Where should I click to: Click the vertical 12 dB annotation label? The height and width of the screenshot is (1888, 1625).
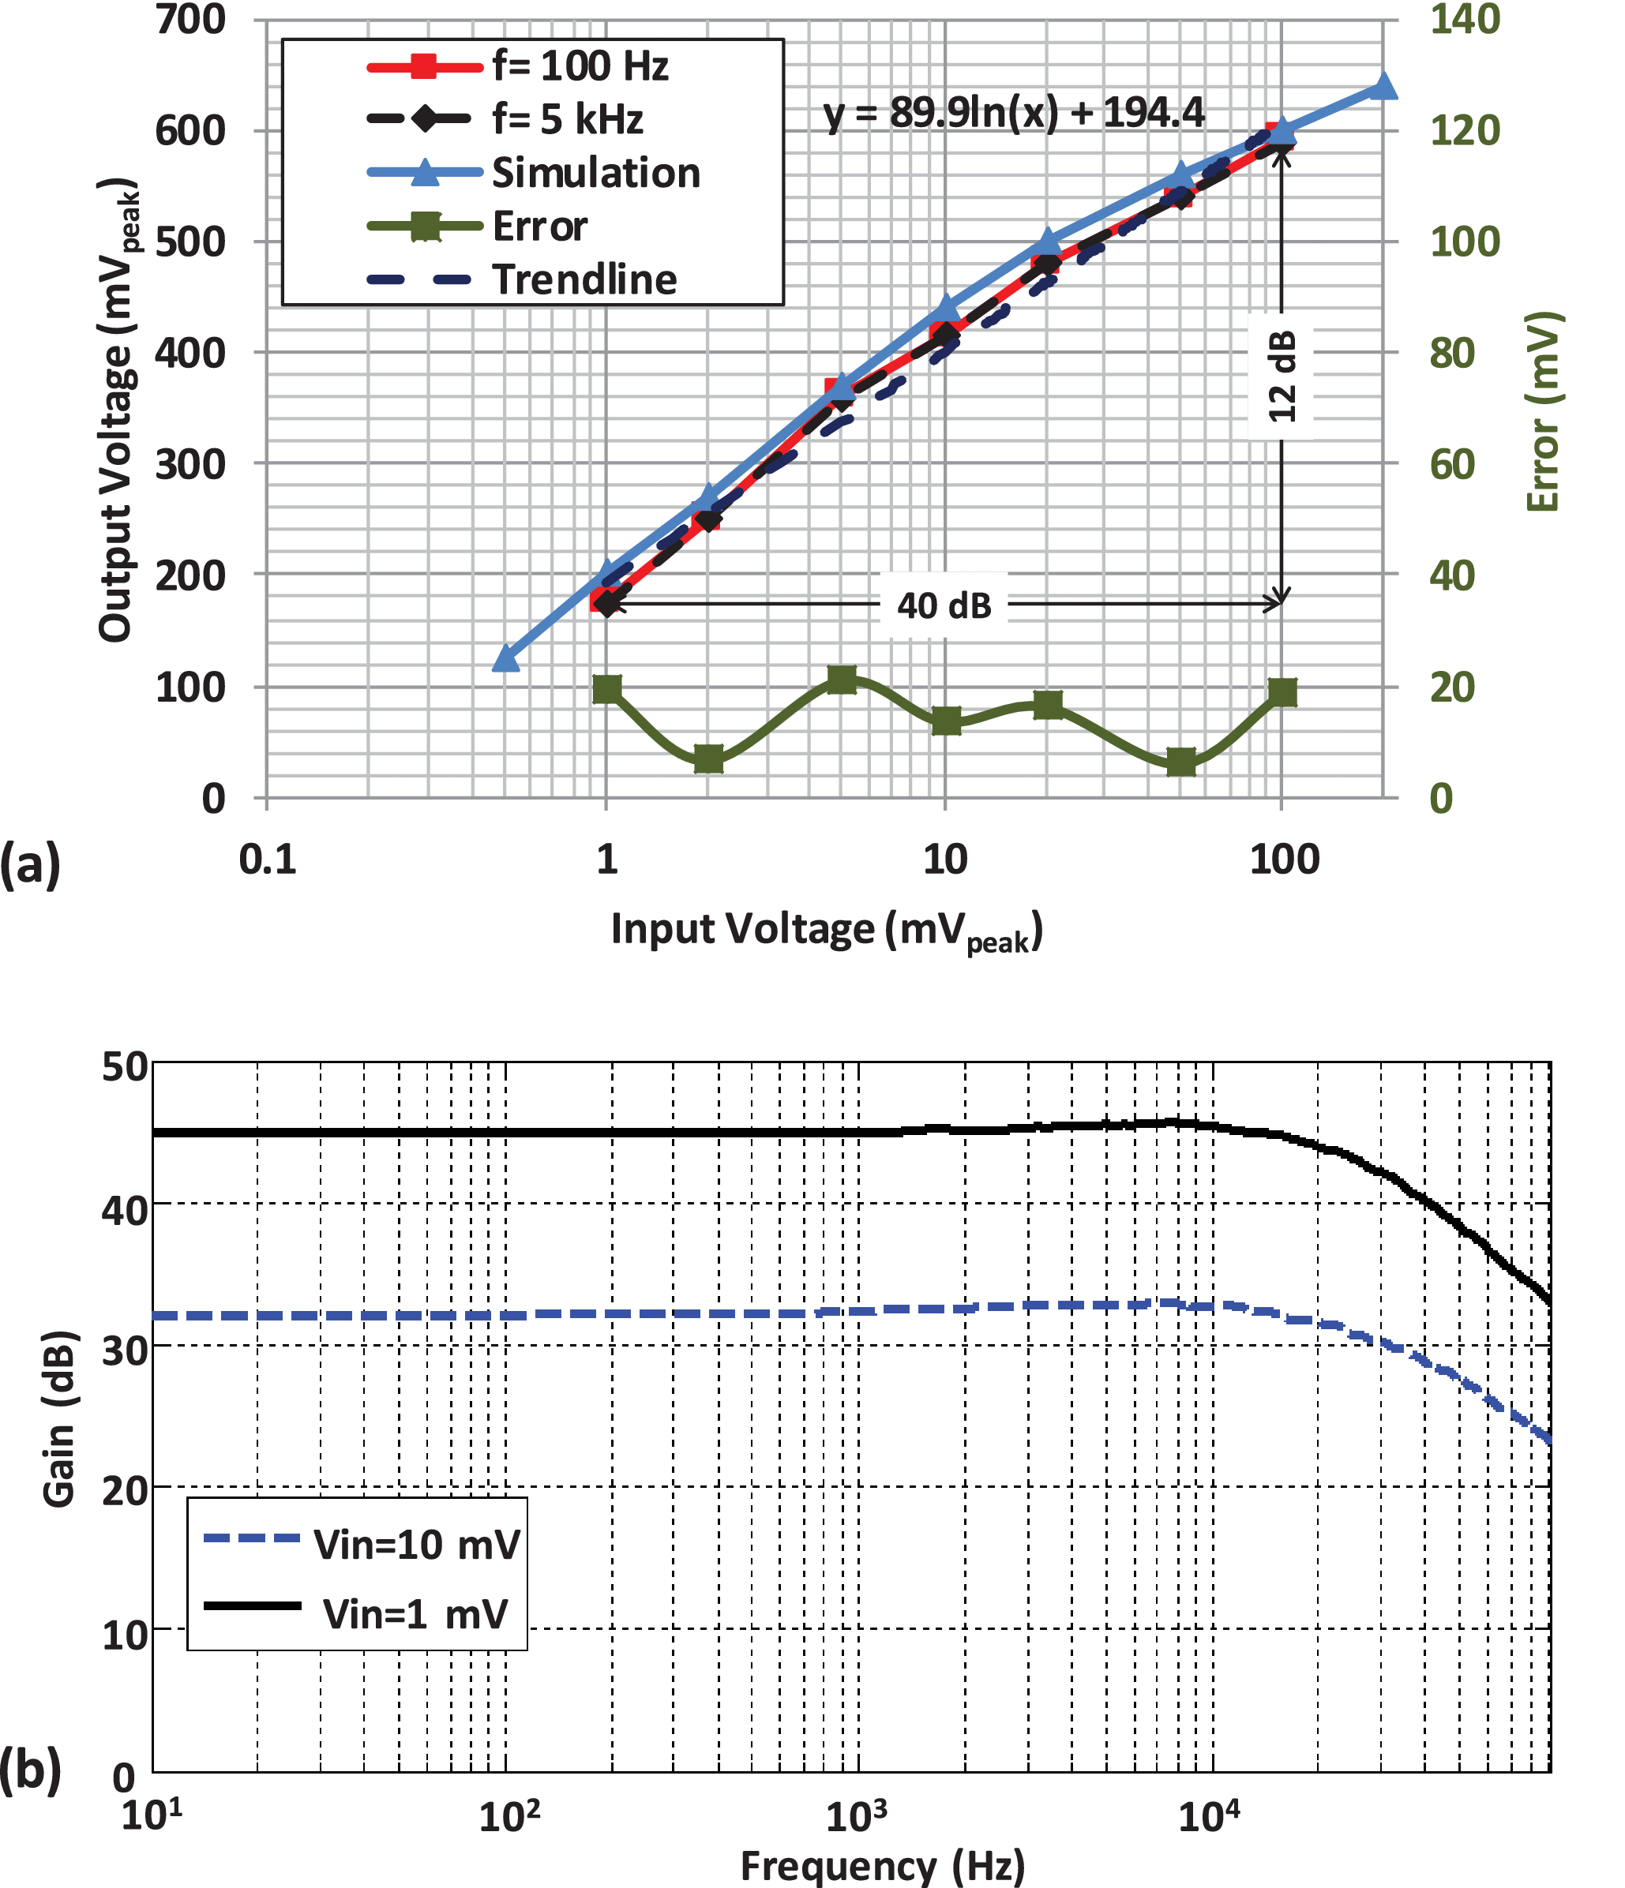[1282, 376]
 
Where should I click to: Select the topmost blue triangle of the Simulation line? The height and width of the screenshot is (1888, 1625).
[1383, 88]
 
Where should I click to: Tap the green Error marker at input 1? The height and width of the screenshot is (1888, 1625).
[607, 689]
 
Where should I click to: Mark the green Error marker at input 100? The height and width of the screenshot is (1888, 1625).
[1282, 692]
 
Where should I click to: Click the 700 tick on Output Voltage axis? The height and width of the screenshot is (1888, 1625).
[190, 20]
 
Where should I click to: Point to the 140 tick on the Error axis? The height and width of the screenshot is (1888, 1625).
[1465, 20]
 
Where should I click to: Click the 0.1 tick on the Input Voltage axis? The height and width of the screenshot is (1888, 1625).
[267, 860]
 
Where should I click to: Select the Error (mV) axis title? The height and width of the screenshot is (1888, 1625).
[1543, 412]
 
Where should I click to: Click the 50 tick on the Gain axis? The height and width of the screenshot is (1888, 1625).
[125, 1067]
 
